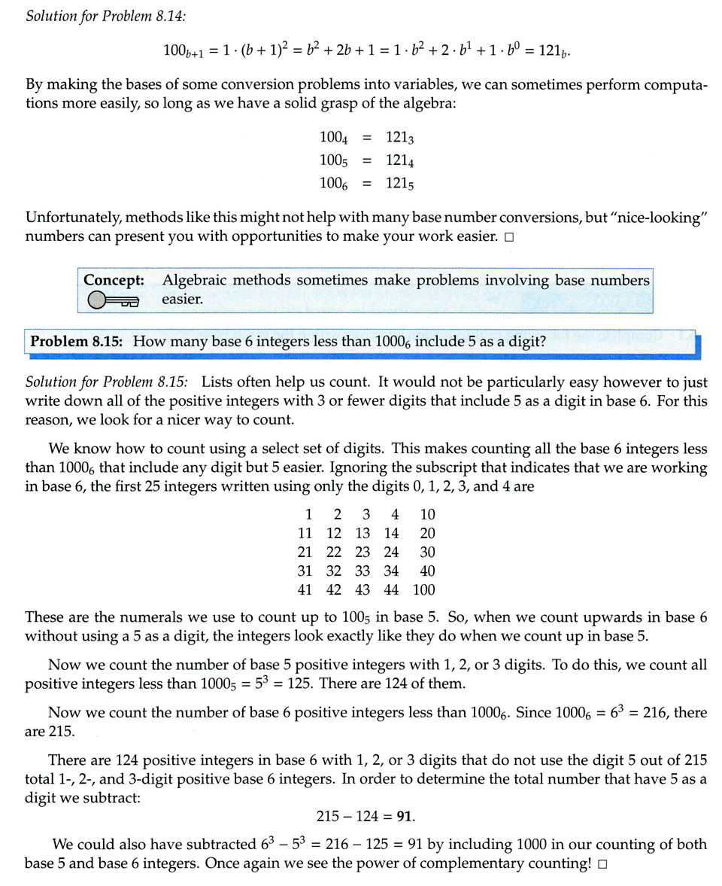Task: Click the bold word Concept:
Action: pos(114,280)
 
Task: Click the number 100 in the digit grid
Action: pos(423,589)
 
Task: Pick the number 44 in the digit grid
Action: pos(391,589)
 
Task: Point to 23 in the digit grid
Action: pos(363,552)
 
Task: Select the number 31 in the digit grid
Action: pos(305,571)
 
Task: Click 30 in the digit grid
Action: pos(426,552)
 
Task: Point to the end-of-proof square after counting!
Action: pos(602,865)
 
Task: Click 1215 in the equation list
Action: pos(400,183)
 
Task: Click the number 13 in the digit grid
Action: pos(363,533)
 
